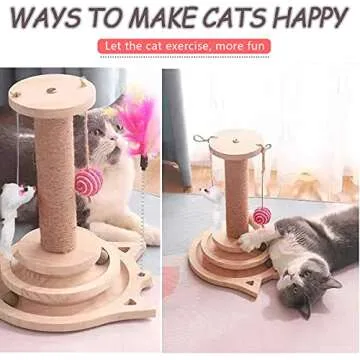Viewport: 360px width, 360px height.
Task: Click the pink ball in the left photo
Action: pos(90,181)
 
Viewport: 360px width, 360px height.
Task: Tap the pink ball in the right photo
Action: pos(261,215)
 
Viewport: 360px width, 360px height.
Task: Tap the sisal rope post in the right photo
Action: pos(236,195)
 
